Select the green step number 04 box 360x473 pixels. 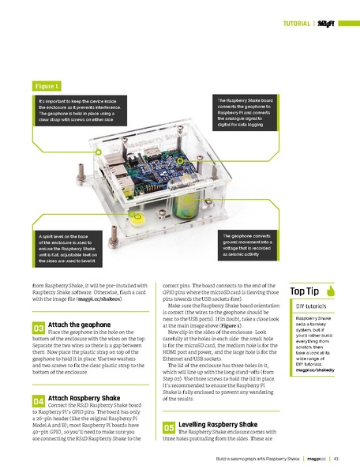[x=38, y=402]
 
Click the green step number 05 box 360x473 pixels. [x=168, y=427]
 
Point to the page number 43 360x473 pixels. [x=336, y=458]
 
